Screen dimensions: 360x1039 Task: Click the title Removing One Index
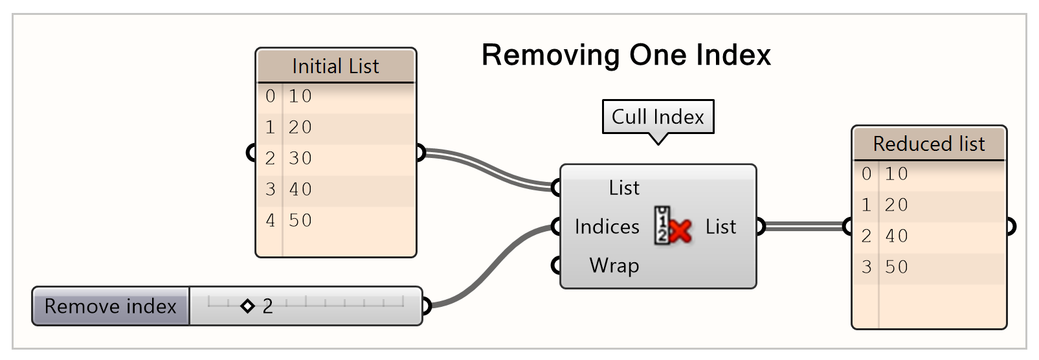pos(626,55)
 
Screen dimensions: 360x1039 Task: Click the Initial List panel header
pos(335,66)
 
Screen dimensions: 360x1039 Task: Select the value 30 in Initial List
pos(300,158)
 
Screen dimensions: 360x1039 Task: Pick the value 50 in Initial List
pos(300,220)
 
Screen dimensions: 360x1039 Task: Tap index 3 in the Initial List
pos(270,189)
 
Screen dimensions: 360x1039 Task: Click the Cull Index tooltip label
pos(658,117)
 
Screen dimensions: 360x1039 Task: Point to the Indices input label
pos(607,227)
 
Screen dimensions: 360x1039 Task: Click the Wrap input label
pos(614,265)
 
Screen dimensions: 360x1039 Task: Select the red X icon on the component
pos(680,230)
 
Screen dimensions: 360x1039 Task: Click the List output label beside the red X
pos(721,227)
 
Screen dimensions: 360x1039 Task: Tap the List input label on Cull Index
pos(624,188)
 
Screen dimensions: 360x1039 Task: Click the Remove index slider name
pos(111,306)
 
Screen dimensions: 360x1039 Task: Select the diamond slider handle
pos(247,306)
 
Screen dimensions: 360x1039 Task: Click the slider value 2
pos(267,306)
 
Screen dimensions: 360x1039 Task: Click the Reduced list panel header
pos(928,144)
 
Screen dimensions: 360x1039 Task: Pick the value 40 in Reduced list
pos(897,236)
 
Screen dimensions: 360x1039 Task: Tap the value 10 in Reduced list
pos(897,174)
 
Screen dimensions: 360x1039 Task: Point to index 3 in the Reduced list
pos(866,267)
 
